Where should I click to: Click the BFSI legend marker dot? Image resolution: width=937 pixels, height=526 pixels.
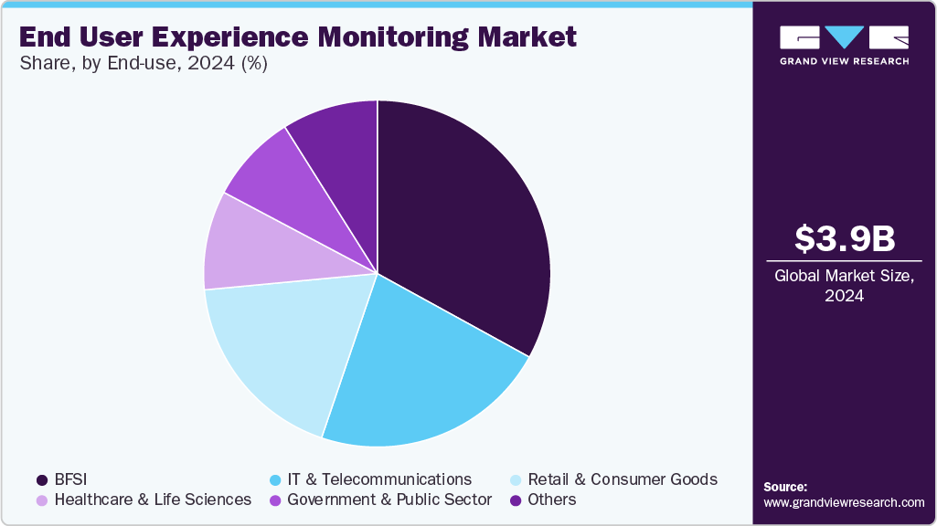coord(42,479)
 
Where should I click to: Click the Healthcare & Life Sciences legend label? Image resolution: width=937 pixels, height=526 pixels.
coord(153,500)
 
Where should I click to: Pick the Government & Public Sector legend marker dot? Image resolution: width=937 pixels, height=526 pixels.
coord(275,500)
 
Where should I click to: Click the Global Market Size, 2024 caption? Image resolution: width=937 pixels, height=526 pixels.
coord(844,285)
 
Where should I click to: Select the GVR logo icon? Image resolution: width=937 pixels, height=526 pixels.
coord(844,37)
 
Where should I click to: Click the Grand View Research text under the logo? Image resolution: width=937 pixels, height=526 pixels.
coord(844,61)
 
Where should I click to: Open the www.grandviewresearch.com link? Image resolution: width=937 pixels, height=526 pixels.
coord(844,502)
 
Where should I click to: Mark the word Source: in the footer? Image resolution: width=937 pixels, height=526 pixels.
coord(785,487)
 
